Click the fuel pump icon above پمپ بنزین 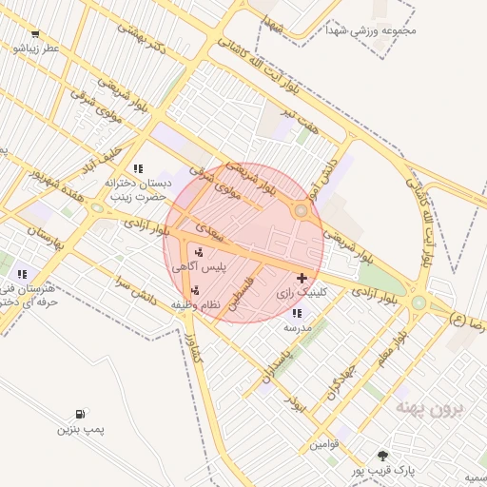pyautogui.click(x=79, y=415)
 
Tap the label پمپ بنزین pyautogui.click(x=79, y=431)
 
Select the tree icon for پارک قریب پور pyautogui.click(x=382, y=456)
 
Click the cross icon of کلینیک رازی pyautogui.click(x=302, y=279)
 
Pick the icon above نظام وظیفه pyautogui.click(x=195, y=290)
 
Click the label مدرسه pyautogui.click(x=297, y=326)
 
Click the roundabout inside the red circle pyautogui.click(x=301, y=210)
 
